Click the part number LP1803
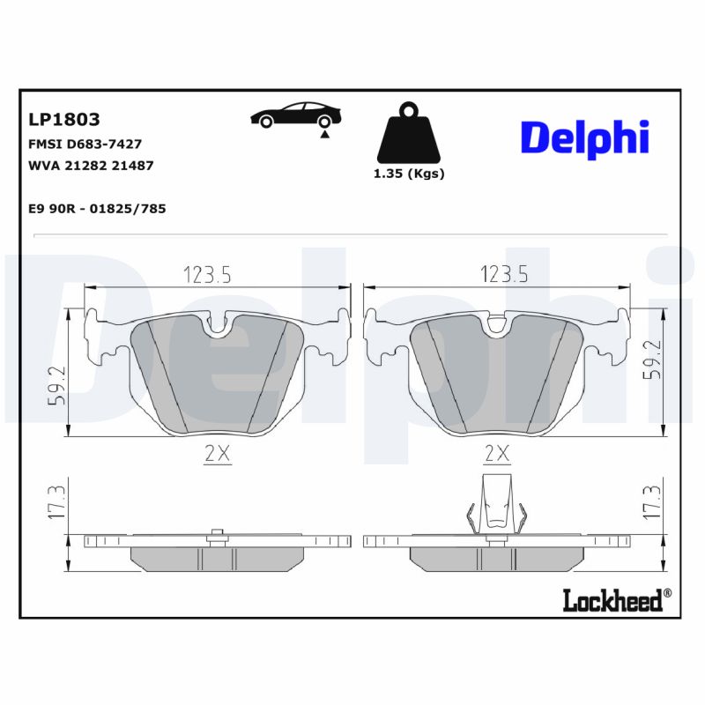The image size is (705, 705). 64,119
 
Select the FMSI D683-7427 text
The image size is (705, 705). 85,144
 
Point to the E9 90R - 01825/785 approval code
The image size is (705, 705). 97,208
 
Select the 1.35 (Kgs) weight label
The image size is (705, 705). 409,174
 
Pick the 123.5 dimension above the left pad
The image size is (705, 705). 207,275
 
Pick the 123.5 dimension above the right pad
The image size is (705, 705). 503,275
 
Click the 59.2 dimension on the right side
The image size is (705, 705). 654,360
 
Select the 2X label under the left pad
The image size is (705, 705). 216,455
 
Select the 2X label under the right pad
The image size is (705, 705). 498,455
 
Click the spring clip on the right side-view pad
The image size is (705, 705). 498,507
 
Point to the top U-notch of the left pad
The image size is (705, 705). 217,325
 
